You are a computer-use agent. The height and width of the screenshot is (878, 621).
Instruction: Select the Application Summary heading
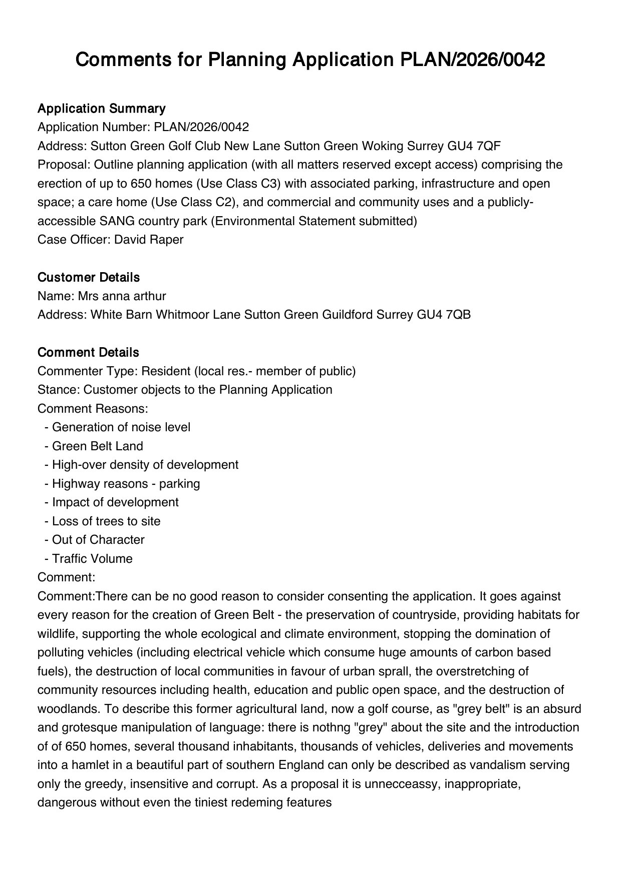point(101,109)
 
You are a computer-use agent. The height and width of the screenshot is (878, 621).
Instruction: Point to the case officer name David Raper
point(149,240)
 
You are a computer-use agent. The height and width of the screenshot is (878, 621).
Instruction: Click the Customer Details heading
point(89,277)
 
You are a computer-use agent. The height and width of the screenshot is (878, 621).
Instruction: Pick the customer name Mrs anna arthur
point(122,296)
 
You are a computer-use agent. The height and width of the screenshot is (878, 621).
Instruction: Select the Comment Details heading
point(88,352)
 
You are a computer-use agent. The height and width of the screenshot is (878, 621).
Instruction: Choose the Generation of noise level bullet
point(121,427)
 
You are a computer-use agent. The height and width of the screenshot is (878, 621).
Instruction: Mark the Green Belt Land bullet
point(97,446)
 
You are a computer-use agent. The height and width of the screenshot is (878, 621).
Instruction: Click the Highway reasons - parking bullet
point(126,484)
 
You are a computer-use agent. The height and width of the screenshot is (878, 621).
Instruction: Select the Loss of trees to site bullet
point(106,521)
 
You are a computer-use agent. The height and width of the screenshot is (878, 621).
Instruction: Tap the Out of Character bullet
point(98,540)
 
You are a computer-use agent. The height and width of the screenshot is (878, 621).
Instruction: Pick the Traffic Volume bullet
point(92,559)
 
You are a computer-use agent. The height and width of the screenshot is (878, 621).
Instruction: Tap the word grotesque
point(88,727)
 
